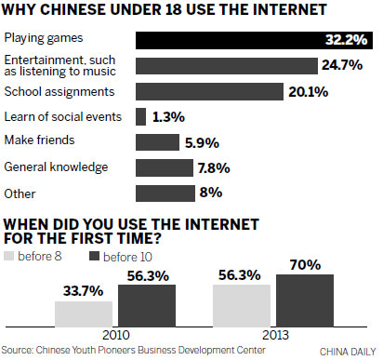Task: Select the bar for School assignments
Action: [x=209, y=91]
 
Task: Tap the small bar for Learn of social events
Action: [x=141, y=116]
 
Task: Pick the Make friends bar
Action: [x=157, y=142]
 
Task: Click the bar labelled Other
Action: [x=165, y=193]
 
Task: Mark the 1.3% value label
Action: [x=170, y=116]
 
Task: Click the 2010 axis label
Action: [x=113, y=333]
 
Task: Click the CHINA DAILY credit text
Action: [x=348, y=351]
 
